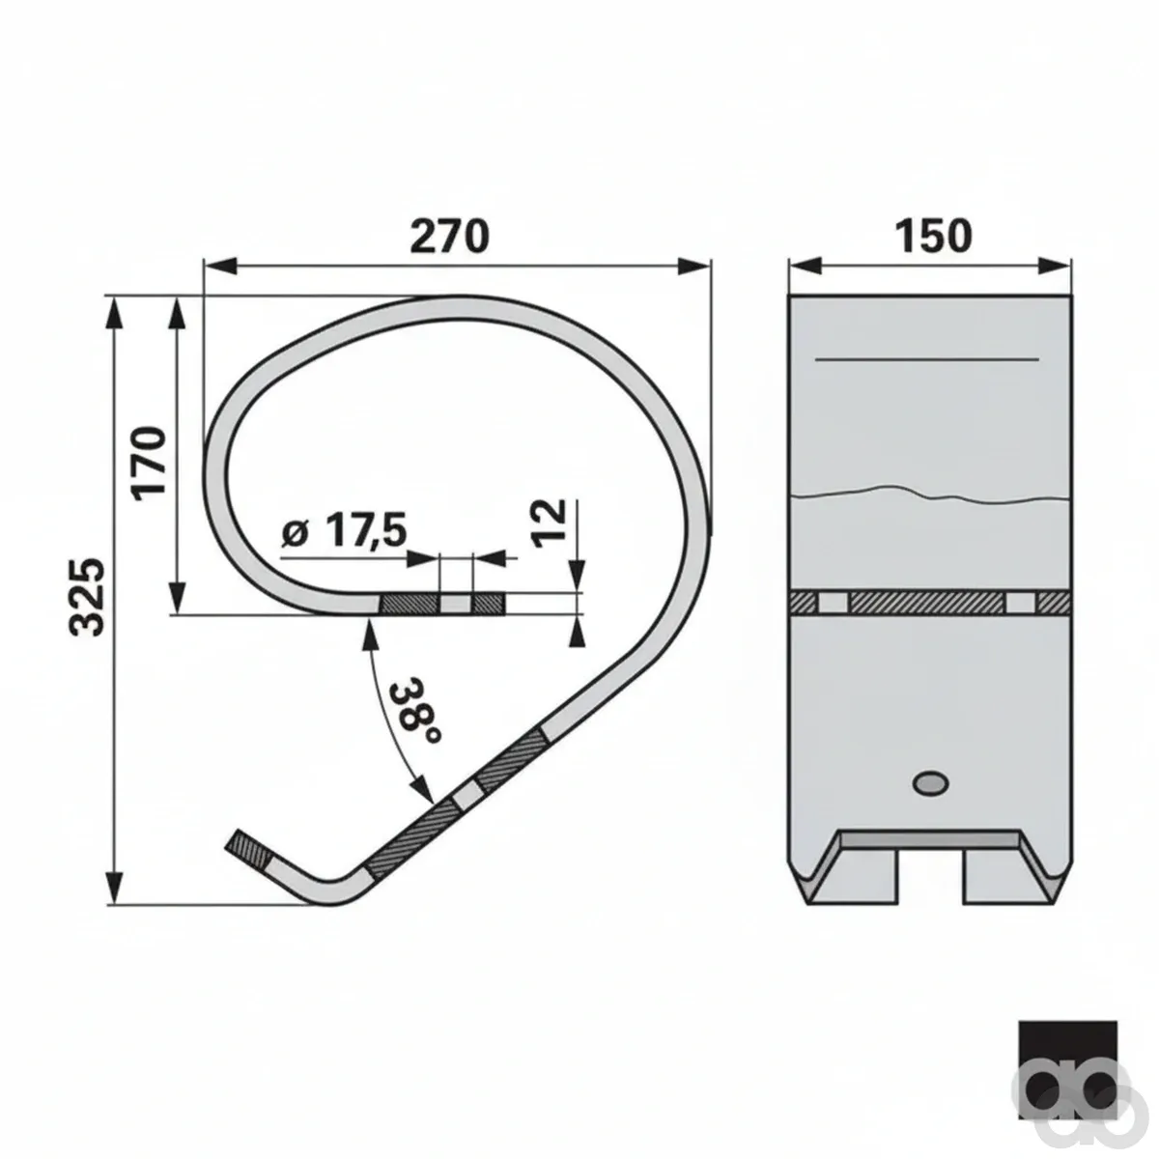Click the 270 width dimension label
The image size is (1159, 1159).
coord(449,236)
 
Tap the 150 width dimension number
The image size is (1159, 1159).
coord(933,236)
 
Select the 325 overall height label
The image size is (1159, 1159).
coord(88,597)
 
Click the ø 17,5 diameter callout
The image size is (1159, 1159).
coord(344,530)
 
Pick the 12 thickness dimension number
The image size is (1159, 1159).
coord(549,523)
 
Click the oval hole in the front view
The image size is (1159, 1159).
coord(931,782)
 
